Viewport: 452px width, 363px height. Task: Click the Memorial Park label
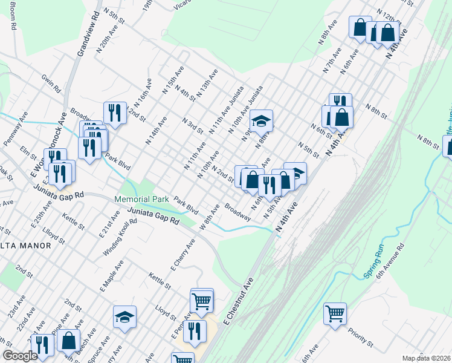[142, 199]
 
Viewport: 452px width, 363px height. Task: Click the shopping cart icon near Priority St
[335, 313]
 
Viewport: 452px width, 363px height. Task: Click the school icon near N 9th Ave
[262, 120]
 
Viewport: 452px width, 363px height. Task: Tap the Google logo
[20, 356]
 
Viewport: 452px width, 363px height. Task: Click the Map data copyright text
[426, 358]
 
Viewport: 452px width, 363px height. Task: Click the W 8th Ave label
[210, 217]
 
